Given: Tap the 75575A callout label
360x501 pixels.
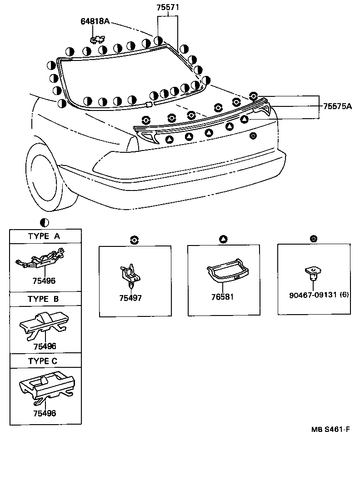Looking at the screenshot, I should click(337, 106).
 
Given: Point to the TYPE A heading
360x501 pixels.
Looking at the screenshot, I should click(44, 236).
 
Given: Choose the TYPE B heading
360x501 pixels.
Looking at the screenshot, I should click(44, 299).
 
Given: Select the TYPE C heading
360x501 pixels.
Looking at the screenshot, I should click(44, 361).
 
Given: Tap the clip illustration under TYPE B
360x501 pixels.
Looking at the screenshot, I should click(44, 324).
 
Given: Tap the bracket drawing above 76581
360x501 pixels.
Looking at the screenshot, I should click(225, 273).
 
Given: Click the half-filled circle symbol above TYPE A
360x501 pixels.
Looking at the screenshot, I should click(44, 223).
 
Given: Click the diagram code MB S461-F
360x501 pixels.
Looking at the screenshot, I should click(330, 430).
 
